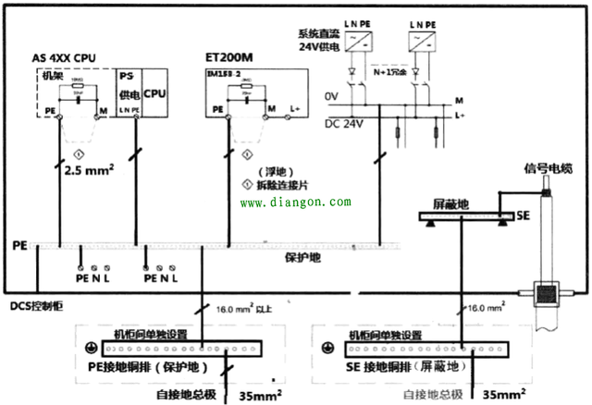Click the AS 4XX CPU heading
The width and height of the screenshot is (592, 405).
73,56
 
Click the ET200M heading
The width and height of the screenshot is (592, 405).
229,56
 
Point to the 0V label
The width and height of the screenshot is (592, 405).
332,95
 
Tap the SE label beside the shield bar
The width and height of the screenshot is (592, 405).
523,215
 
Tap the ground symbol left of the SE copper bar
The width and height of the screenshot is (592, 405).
327,349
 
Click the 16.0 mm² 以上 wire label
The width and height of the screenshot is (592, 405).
244,310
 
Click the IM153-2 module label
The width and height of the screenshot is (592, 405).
223,72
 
